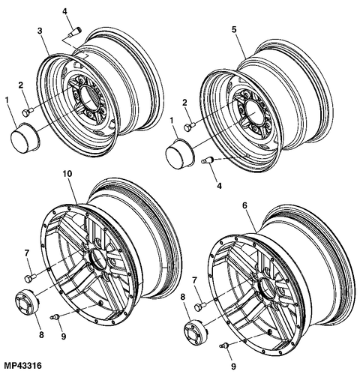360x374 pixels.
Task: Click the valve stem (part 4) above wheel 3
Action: (x=73, y=31)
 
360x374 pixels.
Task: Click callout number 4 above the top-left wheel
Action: (x=64, y=10)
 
